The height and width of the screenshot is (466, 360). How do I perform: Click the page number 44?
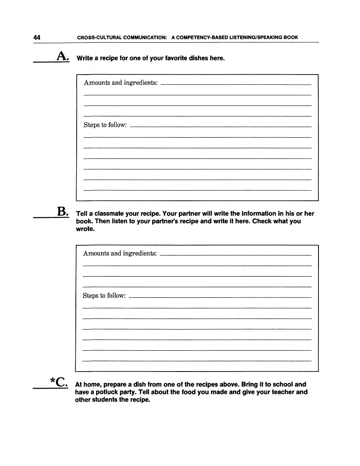pyautogui.click(x=37, y=37)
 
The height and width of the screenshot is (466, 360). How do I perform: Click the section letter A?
pyautogui.click(x=61, y=56)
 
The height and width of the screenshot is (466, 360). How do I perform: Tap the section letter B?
pyautogui.click(x=61, y=211)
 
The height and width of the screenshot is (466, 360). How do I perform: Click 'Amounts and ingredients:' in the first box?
pyautogui.click(x=121, y=83)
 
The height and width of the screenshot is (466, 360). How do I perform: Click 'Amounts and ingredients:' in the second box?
pyautogui.click(x=120, y=253)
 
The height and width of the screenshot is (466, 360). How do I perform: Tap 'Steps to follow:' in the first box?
pyautogui.click(x=105, y=125)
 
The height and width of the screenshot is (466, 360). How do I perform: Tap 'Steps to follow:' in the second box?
pyautogui.click(x=104, y=296)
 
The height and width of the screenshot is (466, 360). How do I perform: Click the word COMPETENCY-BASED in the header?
pyautogui.click(x=200, y=37)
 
